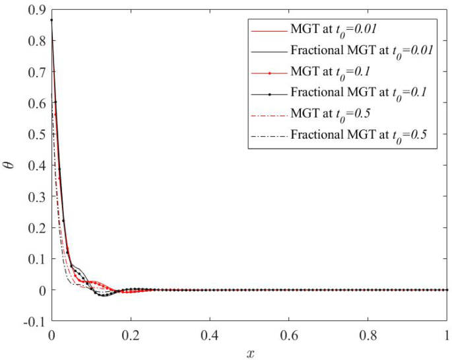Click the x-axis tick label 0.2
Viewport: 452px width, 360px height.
tap(131, 336)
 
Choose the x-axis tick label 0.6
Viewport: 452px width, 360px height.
tap(289, 336)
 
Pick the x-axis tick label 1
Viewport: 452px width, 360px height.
tap(447, 336)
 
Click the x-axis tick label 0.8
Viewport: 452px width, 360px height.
tap(368, 336)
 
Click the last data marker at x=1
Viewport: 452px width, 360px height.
tap(447, 290)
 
